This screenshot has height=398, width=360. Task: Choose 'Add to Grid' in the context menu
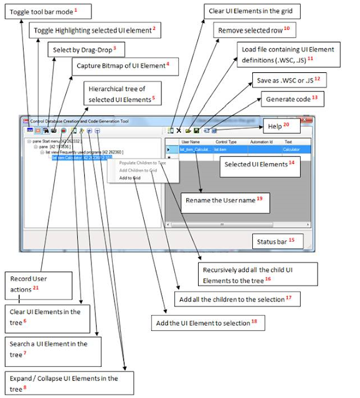click(x=130, y=178)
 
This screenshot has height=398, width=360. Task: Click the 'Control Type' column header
click(x=225, y=142)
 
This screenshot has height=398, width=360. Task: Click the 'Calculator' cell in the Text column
click(x=291, y=149)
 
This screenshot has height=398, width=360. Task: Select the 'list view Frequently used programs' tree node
click(x=87, y=152)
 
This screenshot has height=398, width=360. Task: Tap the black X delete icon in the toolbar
click(x=179, y=131)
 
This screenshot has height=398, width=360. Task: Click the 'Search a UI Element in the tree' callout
click(x=48, y=348)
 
